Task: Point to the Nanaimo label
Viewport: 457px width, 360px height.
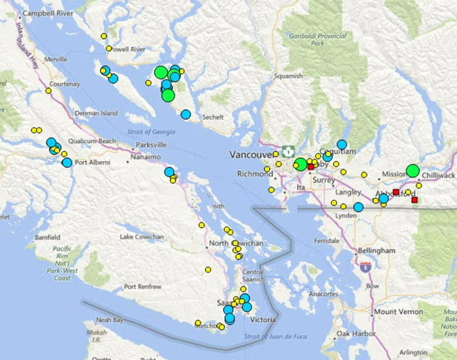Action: [145, 157]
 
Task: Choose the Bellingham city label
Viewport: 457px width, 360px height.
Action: [376, 250]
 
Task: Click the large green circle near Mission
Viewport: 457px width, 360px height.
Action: [413, 171]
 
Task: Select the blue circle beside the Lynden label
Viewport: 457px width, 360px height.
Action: [358, 207]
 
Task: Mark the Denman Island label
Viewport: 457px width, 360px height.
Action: [96, 113]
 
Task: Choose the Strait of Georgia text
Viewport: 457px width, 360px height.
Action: [151, 132]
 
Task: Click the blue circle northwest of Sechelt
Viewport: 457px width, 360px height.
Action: [186, 114]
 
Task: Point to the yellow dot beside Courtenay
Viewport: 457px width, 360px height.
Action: [48, 91]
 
